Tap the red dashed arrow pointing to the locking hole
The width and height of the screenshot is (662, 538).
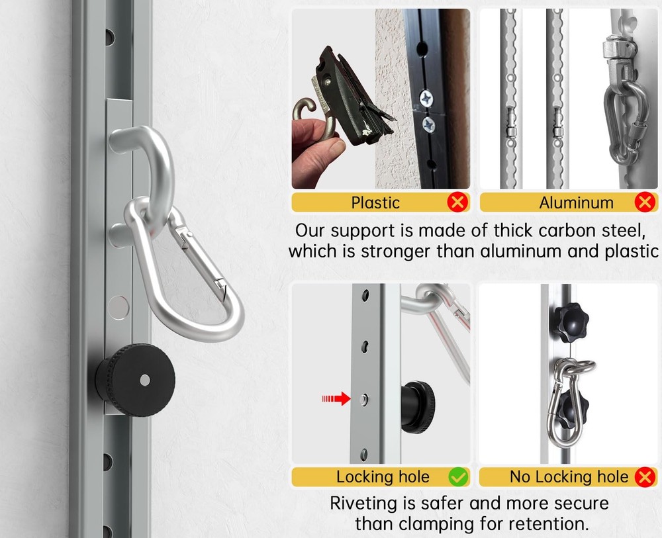[336, 398]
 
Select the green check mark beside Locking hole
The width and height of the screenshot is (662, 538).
[457, 476]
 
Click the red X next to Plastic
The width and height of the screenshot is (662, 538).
[457, 202]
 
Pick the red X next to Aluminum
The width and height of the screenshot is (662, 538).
[644, 202]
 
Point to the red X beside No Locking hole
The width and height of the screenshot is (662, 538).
[645, 476]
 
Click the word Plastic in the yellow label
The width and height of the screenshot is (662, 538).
[376, 202]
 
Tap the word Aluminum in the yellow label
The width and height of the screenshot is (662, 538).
[576, 202]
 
